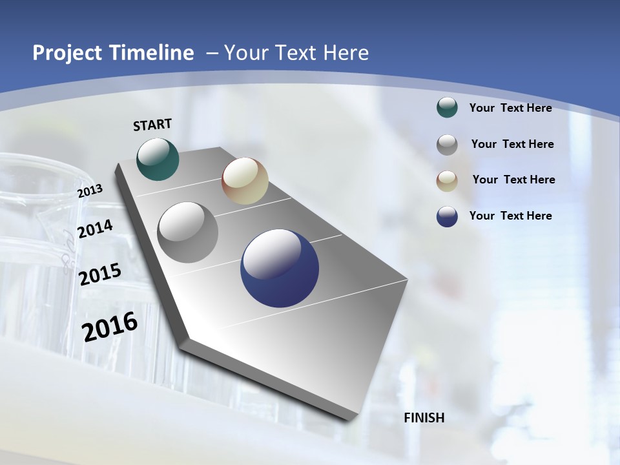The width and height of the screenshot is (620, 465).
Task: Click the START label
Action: click(152, 125)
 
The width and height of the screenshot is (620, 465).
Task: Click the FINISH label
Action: click(424, 418)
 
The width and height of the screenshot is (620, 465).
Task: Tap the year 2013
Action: click(90, 191)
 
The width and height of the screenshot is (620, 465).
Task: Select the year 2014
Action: click(95, 229)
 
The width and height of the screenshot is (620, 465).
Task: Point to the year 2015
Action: click(99, 274)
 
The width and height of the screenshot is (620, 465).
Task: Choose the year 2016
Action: click(110, 327)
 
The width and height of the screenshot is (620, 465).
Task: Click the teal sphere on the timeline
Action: click(158, 159)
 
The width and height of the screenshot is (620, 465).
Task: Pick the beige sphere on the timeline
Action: click(245, 181)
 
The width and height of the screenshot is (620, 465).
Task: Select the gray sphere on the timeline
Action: click(188, 232)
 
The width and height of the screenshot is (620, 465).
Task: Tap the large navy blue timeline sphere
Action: click(280, 268)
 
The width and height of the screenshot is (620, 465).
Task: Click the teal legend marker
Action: click(447, 107)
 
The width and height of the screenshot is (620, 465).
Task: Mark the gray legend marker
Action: click(447, 144)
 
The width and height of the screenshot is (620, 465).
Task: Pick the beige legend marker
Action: click(447, 180)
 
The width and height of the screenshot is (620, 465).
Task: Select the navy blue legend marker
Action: click(447, 216)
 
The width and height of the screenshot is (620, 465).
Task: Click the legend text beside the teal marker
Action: click(510, 108)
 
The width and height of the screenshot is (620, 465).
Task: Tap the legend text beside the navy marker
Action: click(510, 216)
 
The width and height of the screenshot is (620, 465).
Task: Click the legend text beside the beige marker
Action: click(513, 180)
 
